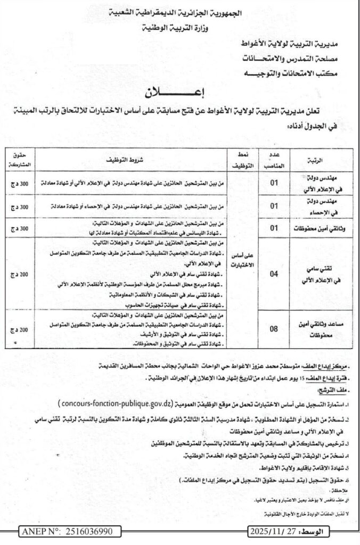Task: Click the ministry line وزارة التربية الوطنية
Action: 181,27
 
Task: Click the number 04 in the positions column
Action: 274,275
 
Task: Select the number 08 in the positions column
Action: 274,328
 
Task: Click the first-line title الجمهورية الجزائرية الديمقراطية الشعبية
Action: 181,12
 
